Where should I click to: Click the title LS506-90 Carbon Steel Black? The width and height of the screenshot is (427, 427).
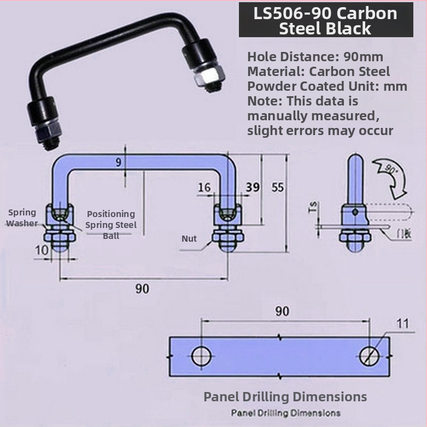(x=325, y=20)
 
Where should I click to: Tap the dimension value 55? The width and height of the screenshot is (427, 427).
(x=278, y=187)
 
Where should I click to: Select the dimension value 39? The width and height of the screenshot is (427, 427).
(x=253, y=187)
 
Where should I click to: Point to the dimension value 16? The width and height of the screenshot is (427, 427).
(x=204, y=188)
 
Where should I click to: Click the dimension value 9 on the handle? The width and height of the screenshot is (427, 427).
(x=119, y=162)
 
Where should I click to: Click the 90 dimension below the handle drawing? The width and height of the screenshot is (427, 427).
(x=142, y=289)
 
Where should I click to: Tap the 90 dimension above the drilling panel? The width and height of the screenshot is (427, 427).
(x=282, y=312)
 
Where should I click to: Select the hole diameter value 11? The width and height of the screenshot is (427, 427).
(x=402, y=324)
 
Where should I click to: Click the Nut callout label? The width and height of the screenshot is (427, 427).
(x=189, y=239)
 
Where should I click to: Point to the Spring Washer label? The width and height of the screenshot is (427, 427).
(x=22, y=218)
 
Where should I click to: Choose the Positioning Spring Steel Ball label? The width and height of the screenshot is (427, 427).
(x=110, y=225)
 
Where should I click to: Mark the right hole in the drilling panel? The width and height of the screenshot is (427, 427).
(x=370, y=355)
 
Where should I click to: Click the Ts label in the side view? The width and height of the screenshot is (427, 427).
(x=313, y=207)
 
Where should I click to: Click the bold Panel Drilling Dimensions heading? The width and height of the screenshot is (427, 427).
(x=285, y=396)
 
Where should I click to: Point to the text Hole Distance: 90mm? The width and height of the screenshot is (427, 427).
(x=315, y=57)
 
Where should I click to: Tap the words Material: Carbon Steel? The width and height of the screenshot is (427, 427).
(x=318, y=71)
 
